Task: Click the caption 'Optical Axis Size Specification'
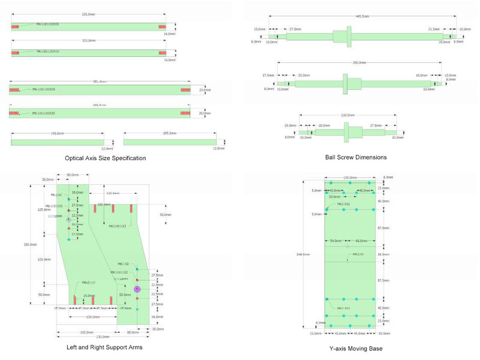106,158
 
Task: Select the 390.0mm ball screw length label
359,62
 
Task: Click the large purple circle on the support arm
137,289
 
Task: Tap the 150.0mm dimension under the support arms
87,332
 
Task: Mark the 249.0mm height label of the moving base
307,254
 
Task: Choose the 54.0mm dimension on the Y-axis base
337,241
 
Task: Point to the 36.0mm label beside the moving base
383,254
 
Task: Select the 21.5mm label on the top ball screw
434,29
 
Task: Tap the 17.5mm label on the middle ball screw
268,76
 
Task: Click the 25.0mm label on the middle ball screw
304,76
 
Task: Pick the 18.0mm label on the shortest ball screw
324,125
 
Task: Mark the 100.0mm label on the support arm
104,205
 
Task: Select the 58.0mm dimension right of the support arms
164,214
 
